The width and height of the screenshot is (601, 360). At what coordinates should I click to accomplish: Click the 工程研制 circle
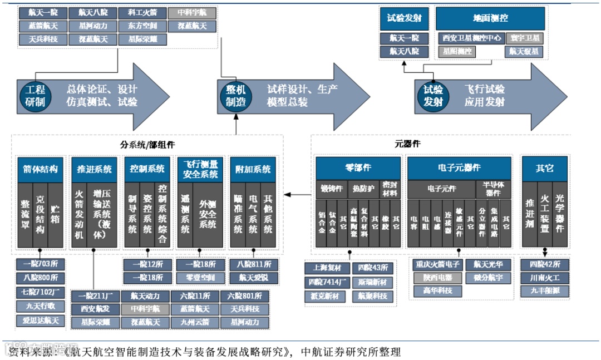pos(35,95)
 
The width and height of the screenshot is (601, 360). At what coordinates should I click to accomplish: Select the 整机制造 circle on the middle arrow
pos(236,95)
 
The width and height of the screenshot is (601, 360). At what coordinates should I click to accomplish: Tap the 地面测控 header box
pos(490,18)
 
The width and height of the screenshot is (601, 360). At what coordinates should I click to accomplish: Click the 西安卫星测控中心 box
pos(471,38)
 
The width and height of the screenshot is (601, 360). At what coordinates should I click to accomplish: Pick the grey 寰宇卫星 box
pos(525,38)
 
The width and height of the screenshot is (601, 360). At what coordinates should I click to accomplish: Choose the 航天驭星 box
pos(525,52)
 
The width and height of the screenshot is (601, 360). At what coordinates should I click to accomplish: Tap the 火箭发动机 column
pos(79,215)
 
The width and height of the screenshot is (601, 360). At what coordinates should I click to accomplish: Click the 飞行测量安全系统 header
pos(200,169)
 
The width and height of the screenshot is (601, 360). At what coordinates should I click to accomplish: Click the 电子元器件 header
pos(459,168)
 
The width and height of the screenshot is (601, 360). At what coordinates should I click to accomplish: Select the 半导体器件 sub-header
pos(493,189)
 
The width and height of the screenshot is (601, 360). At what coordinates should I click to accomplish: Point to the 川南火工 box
pos(544,278)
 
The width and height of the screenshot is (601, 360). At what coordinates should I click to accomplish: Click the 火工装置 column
pos(545,215)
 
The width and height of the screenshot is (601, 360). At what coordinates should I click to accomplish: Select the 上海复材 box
pos(327,268)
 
